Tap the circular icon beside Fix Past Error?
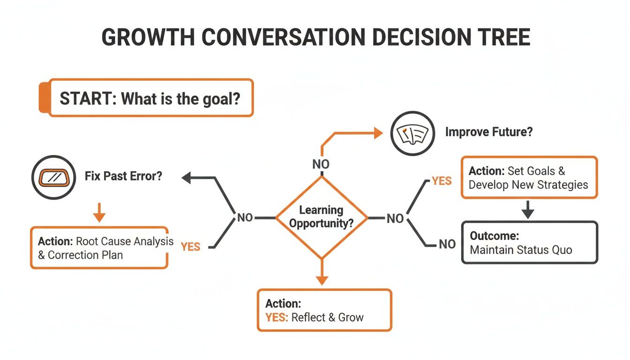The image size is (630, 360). (x=53, y=177)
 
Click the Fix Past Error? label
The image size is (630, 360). (x=124, y=177)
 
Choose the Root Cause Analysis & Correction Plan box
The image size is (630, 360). (x=99, y=247)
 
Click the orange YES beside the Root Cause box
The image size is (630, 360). (x=190, y=247)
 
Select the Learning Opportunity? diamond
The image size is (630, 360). (x=321, y=217)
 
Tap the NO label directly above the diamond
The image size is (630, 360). (x=321, y=164)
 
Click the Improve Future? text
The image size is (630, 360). (x=489, y=132)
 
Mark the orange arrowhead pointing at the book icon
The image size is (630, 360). (x=378, y=134)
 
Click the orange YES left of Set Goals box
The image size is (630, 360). (x=441, y=181)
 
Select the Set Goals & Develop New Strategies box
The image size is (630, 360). (x=529, y=178)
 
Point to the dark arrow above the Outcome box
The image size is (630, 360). (x=528, y=210)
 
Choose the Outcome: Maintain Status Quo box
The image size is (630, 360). (x=529, y=242)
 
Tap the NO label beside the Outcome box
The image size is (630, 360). (x=447, y=244)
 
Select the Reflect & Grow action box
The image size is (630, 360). (x=324, y=310)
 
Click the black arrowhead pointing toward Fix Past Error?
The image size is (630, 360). (x=187, y=177)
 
